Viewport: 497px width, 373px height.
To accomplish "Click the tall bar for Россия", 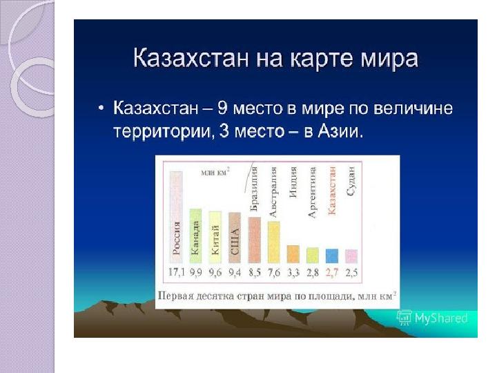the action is point(176,218).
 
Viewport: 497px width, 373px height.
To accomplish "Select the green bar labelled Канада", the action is point(195,236).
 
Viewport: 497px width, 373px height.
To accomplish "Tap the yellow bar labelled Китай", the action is point(215,237).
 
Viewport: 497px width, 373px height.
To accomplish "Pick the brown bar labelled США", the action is point(235,238).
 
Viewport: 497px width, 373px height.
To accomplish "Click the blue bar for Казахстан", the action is point(332,256).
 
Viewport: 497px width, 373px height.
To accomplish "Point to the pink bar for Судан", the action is point(351,256).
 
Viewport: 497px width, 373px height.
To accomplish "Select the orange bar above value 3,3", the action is point(293,254).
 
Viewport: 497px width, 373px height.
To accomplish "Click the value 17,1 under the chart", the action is point(176,272).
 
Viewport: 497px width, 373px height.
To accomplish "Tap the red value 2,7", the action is point(332,272).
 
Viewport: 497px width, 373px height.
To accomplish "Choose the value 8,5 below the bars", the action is point(255,272).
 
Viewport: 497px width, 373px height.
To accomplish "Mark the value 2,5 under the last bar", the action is point(351,272).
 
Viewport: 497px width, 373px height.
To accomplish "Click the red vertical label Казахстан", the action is point(332,191).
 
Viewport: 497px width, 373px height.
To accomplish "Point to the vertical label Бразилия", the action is point(254,189).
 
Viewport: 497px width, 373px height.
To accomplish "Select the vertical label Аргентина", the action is point(312,193).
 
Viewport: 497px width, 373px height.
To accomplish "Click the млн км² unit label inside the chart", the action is point(215,172).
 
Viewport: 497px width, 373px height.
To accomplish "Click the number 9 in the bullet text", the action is point(223,108).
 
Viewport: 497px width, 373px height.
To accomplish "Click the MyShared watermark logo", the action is point(432,318).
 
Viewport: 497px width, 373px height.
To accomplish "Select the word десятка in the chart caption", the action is point(215,296).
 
